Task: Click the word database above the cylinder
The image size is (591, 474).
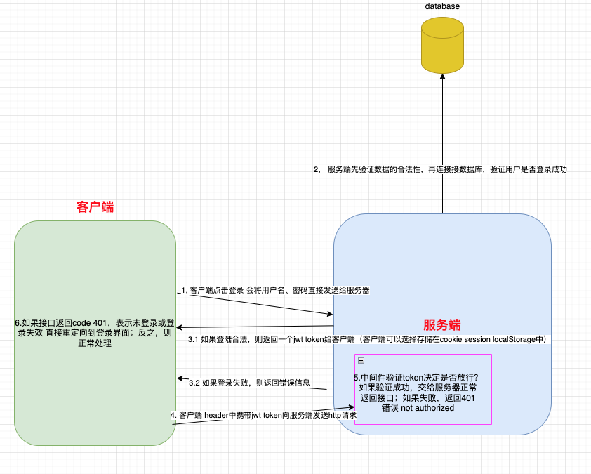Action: (x=442, y=6)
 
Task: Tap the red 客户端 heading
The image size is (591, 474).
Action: (x=95, y=207)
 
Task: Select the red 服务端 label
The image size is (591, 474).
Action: (x=442, y=325)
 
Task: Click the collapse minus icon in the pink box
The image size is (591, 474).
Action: (x=361, y=360)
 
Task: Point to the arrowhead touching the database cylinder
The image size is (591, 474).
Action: (x=442, y=76)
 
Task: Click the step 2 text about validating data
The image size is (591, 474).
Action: (x=440, y=169)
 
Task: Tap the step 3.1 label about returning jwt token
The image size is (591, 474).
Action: (x=366, y=339)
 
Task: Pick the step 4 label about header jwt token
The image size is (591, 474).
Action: (x=263, y=415)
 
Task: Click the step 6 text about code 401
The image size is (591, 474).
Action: (x=95, y=333)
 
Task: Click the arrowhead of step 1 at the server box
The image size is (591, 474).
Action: (x=330, y=315)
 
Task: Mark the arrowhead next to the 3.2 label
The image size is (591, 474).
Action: (x=180, y=378)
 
